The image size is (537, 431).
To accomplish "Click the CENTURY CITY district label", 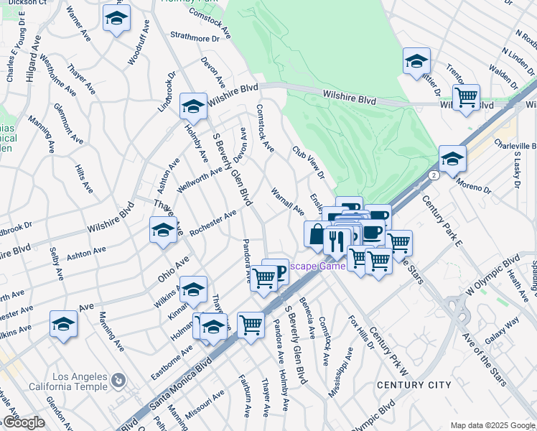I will [414, 385].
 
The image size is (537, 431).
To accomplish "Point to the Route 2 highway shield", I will [434, 175].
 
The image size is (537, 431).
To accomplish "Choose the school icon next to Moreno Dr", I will [452, 159].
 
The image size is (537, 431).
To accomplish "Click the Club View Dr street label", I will [308, 162].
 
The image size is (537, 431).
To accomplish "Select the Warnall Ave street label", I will [287, 202].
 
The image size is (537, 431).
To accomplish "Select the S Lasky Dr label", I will [515, 174].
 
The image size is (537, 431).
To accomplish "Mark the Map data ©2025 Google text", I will [492, 425].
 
